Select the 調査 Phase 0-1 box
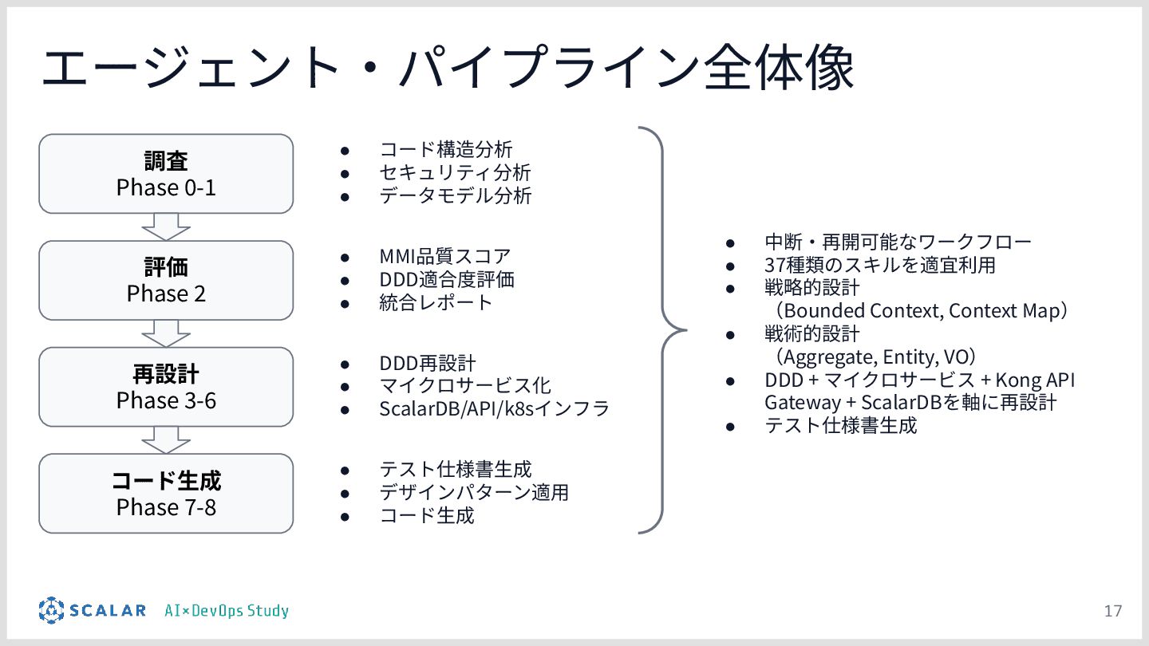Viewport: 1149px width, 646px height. (166, 174)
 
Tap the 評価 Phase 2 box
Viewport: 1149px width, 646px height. (166, 281)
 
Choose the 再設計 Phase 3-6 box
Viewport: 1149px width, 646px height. (166, 387)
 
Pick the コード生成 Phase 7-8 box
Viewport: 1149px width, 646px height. (166, 494)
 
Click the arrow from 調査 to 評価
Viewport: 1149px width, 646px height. (166, 228)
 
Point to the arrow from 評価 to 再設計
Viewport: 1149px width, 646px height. (166, 334)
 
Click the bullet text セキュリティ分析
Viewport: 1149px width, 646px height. (455, 172)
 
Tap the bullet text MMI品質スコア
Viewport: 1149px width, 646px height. (444, 256)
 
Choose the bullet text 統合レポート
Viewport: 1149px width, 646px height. (436, 302)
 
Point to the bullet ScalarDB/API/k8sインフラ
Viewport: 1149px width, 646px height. (494, 409)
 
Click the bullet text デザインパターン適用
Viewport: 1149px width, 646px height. (474, 492)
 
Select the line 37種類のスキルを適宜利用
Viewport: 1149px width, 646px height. (879, 265)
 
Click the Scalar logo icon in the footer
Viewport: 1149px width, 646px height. (51, 610)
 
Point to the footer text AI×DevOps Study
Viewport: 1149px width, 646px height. (227, 611)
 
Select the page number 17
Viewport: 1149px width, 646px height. (1113, 611)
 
